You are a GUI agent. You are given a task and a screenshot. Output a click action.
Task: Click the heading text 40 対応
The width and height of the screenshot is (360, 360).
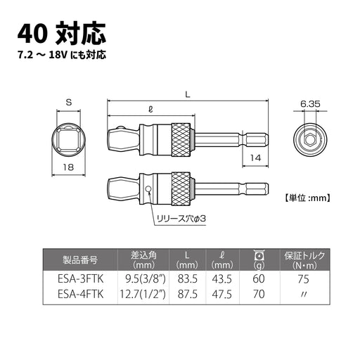tap(62, 32)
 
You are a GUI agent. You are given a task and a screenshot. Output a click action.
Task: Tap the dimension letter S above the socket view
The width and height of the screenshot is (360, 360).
tap(69, 103)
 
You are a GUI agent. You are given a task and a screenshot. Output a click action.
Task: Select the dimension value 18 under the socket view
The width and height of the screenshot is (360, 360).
tap(69, 167)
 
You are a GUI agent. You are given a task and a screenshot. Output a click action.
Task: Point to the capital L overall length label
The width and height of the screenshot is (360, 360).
tap(186, 93)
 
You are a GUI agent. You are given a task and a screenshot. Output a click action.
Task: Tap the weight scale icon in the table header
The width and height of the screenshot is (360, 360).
tap(257, 255)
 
